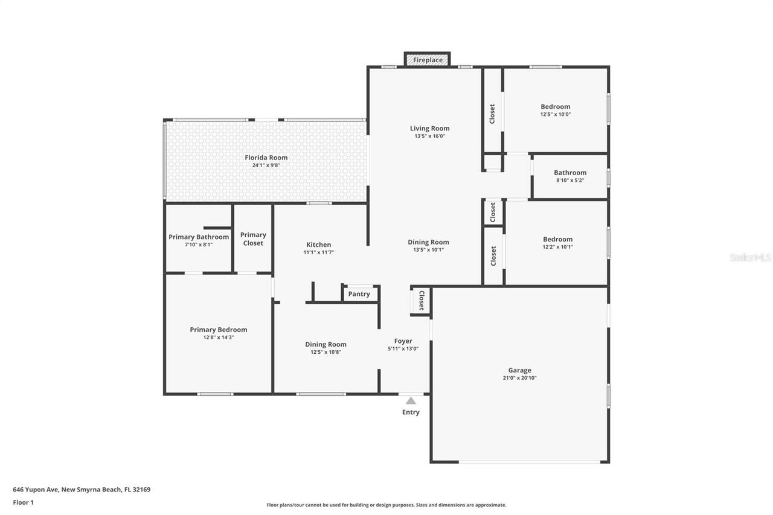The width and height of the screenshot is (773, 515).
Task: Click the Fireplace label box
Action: click(x=428, y=60)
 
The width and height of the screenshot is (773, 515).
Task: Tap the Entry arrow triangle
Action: click(x=411, y=400)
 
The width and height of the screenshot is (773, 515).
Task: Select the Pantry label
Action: click(x=359, y=294)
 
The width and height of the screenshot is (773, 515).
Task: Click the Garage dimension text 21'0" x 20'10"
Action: click(x=519, y=378)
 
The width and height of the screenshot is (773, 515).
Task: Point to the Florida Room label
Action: click(x=266, y=158)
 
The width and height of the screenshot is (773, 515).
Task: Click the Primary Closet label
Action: click(x=253, y=239)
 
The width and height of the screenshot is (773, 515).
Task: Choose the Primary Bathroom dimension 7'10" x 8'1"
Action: click(x=199, y=245)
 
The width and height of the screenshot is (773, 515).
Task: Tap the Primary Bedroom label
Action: click(x=218, y=330)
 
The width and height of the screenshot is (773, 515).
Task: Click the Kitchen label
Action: click(x=318, y=245)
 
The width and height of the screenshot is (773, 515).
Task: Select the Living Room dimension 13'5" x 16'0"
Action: click(x=429, y=136)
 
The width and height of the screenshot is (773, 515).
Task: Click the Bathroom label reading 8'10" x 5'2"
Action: click(x=570, y=180)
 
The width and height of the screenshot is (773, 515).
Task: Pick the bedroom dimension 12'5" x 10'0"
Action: click(x=555, y=114)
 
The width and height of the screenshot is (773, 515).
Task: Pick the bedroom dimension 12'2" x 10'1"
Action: click(x=557, y=247)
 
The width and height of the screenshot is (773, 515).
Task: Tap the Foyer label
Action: click(x=403, y=341)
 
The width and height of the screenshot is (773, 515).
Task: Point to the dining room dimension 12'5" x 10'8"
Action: click(x=326, y=352)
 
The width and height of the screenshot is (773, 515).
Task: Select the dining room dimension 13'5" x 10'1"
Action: click(x=428, y=250)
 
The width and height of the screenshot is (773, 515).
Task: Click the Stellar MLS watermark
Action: click(x=750, y=257)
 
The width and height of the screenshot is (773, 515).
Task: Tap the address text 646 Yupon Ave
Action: click(x=82, y=490)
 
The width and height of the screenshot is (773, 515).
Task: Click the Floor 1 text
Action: click(x=23, y=502)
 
